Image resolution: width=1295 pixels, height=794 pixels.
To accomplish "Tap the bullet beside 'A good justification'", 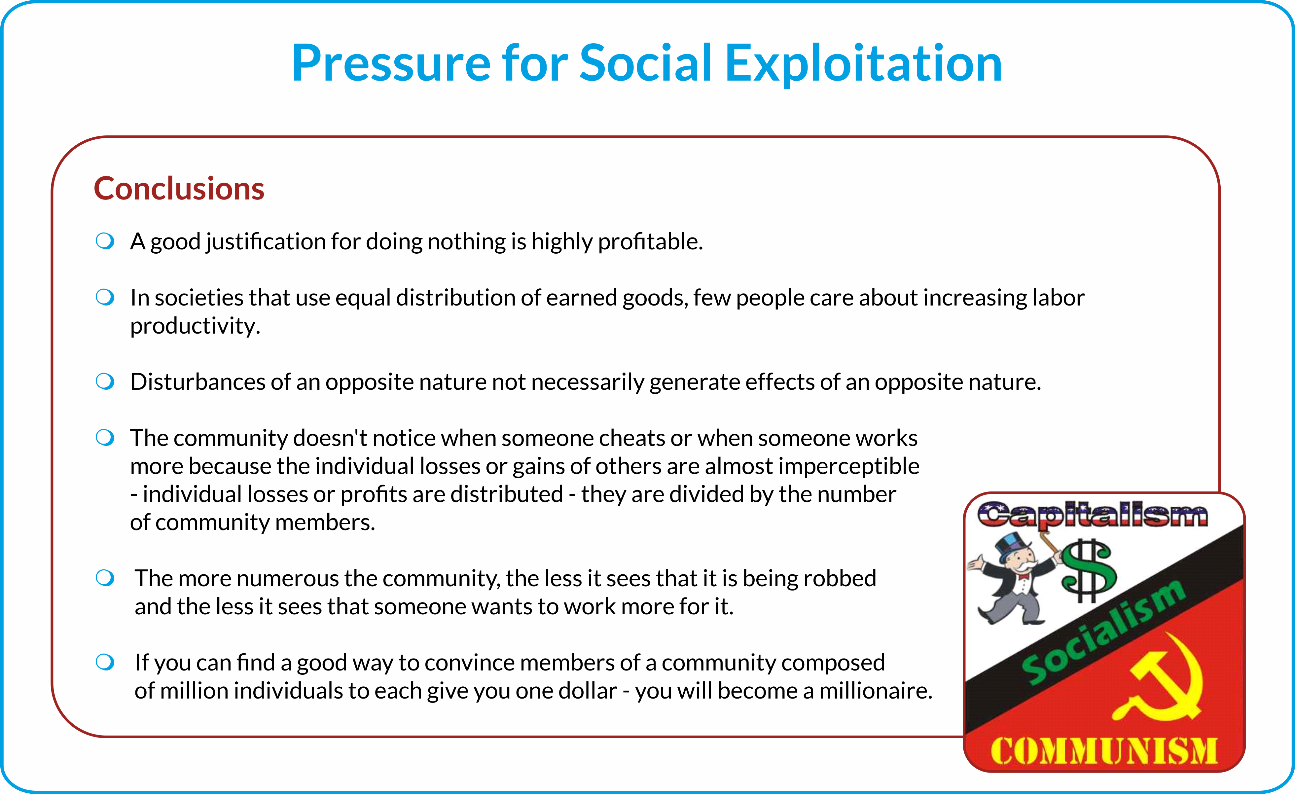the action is [105, 241].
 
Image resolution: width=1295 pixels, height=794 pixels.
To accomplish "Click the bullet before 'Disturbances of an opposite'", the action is [105, 381].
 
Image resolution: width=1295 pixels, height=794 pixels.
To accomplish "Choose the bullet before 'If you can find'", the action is [105, 662].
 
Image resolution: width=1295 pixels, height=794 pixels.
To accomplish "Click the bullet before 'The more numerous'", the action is [105, 578].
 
